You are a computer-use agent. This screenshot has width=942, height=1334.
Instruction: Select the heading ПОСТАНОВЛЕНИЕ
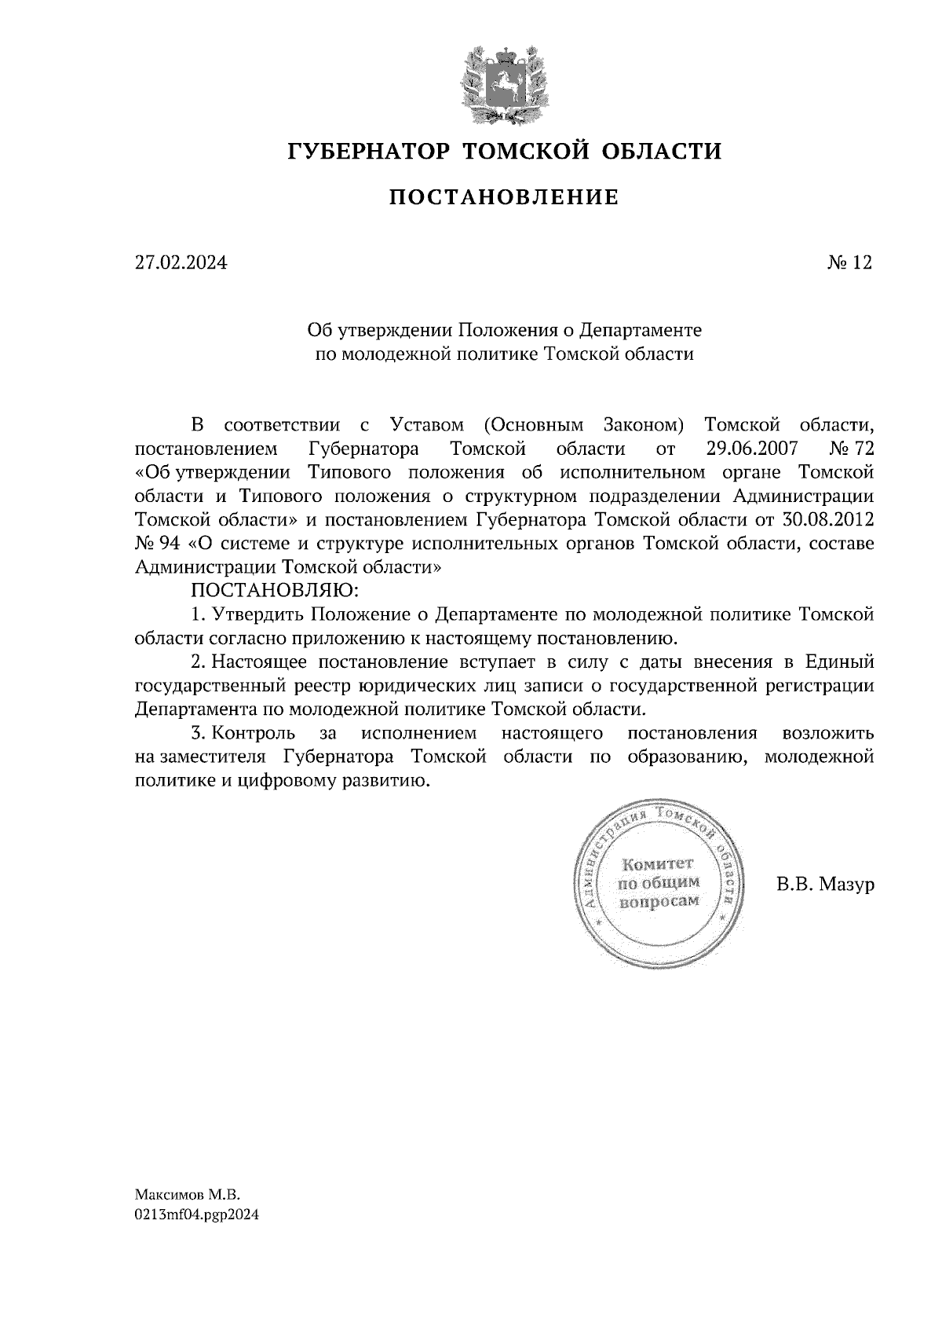[504, 197]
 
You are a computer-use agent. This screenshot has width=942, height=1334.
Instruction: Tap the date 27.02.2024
[181, 263]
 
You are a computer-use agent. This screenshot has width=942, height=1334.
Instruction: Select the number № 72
[851, 449]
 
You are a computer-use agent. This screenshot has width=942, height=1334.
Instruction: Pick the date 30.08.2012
[829, 520]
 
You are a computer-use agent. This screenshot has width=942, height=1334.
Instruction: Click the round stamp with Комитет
[660, 884]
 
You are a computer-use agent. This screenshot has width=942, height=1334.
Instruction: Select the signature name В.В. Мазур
[825, 885]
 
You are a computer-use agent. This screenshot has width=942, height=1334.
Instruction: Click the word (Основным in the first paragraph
[534, 426]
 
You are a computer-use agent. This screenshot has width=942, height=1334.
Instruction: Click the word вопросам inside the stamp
[659, 901]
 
